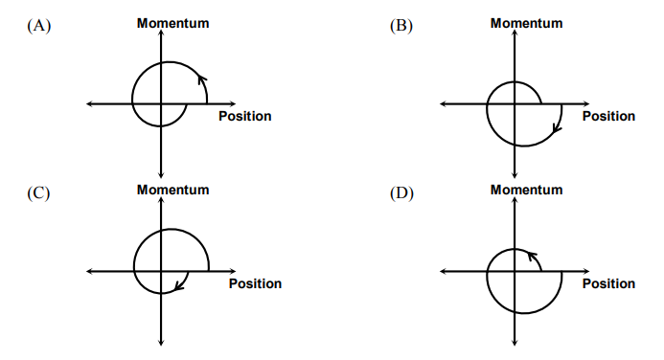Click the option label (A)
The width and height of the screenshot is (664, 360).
[x=38, y=27]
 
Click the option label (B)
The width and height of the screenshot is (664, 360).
[x=401, y=27]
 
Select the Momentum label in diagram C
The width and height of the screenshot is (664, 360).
[x=172, y=190]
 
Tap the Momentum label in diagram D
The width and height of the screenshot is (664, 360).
[x=526, y=190]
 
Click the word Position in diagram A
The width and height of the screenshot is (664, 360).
[x=244, y=117]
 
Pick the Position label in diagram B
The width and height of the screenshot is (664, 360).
[x=608, y=117]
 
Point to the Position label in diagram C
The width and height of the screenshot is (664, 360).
[x=255, y=283]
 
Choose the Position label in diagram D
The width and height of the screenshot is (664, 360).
[x=608, y=283]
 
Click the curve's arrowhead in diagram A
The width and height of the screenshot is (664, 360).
[x=201, y=79]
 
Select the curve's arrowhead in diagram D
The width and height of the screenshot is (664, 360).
[x=532, y=257]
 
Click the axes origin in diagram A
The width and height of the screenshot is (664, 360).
[x=162, y=103]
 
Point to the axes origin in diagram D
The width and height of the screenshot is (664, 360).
[x=515, y=271]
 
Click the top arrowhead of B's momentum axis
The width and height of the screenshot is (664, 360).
[x=515, y=34]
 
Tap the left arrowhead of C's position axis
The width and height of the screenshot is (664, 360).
[x=89, y=271]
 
